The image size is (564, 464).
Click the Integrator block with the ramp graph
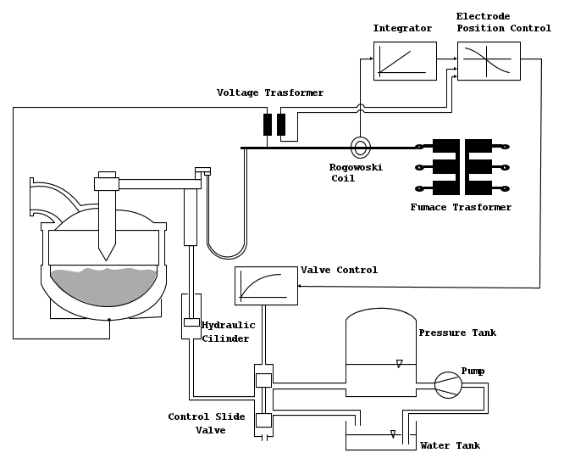pos(405,61)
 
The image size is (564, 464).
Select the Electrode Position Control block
pos(489,61)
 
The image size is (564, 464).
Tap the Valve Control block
pos(266,285)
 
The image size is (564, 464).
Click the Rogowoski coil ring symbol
pos(361,147)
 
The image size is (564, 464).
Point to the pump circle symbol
pos(448,385)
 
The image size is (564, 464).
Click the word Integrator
pos(402,29)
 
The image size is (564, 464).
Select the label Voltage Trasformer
pos(270,92)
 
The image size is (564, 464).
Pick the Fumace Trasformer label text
pos(461,207)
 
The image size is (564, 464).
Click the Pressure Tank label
pos(457,333)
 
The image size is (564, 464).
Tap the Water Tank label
pos(450,445)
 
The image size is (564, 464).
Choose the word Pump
pos(473,371)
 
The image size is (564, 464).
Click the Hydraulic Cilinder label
pos(225,331)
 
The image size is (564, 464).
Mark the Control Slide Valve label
pos(207,423)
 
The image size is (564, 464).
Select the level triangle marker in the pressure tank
pos(399,364)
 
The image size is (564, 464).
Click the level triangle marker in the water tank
pos(392,433)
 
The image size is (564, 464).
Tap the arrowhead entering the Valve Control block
pos(302,286)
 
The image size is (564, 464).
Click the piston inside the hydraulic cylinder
pos(191,322)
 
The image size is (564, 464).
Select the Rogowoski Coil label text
pos(356,173)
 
